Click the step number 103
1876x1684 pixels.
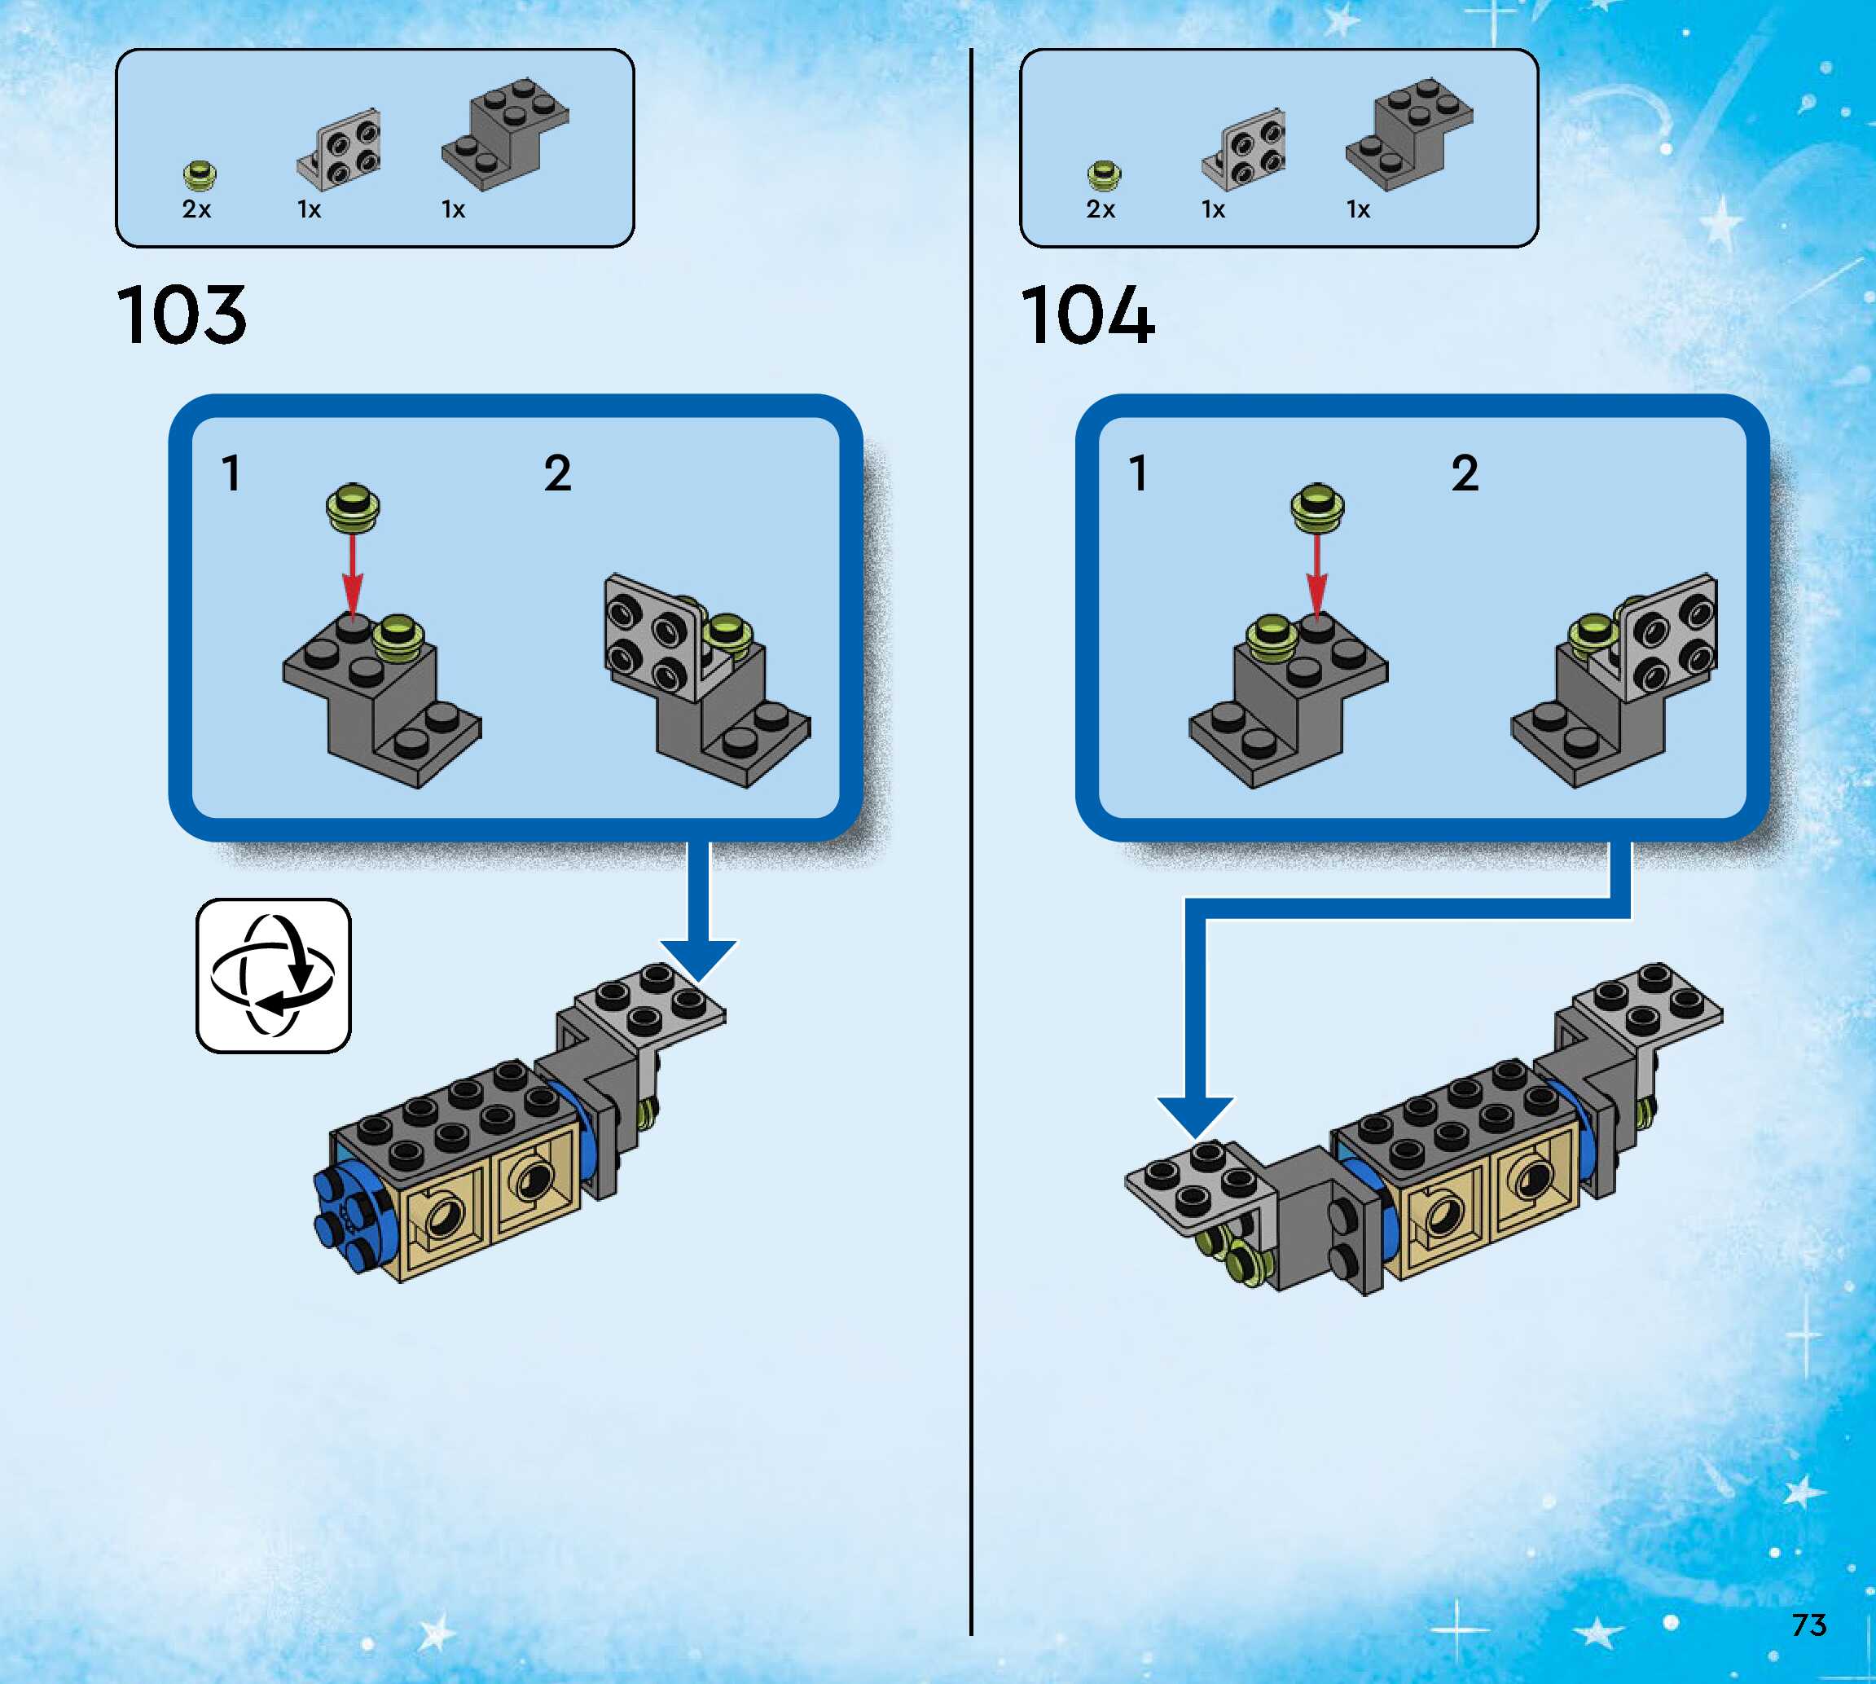pyautogui.click(x=182, y=315)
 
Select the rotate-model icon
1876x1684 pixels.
pyautogui.click(x=273, y=975)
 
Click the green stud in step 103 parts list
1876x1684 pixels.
pyautogui.click(x=199, y=174)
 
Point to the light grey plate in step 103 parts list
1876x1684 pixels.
pyautogui.click(x=340, y=148)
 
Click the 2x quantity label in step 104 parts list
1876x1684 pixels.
pyautogui.click(x=1100, y=210)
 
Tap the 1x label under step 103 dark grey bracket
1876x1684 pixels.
pyautogui.click(x=453, y=210)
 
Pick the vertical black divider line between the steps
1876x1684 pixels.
pyautogui.click(x=971, y=833)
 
